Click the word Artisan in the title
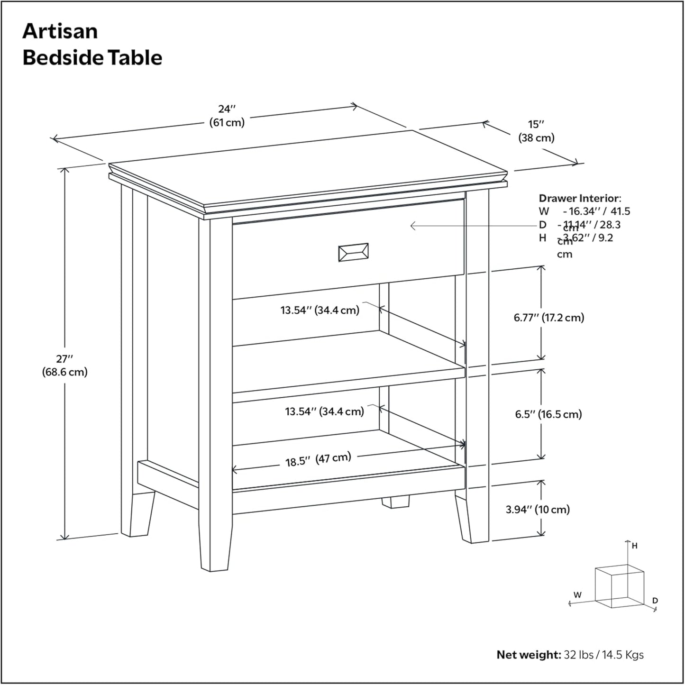click(60, 31)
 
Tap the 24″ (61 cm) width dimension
click(227, 116)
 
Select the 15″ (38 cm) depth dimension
click(536, 131)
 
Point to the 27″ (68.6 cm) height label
click(65, 365)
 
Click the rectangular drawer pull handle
click(353, 252)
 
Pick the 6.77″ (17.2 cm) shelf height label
click(548, 318)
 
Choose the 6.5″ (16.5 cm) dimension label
click(548, 414)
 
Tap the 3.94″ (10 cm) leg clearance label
click(537, 510)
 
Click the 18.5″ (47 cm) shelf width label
click(318, 459)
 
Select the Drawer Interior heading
click(579, 198)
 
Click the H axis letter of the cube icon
click(635, 546)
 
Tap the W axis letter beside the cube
click(577, 595)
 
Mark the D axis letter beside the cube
click(655, 601)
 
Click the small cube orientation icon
click(619, 586)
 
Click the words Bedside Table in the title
click(92, 58)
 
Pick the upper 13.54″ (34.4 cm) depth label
click(320, 310)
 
